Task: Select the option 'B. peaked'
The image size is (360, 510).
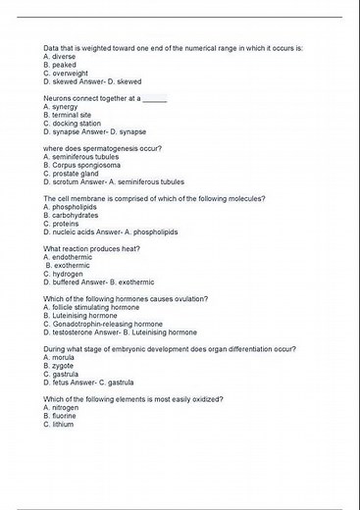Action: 62,65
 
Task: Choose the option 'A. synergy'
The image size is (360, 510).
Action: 62,107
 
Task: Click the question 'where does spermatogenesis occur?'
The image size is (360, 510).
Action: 103,148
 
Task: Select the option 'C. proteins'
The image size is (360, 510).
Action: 64,224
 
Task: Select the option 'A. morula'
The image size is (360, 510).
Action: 61,357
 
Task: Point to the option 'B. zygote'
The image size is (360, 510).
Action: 61,366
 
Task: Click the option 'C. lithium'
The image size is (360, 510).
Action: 60,425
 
